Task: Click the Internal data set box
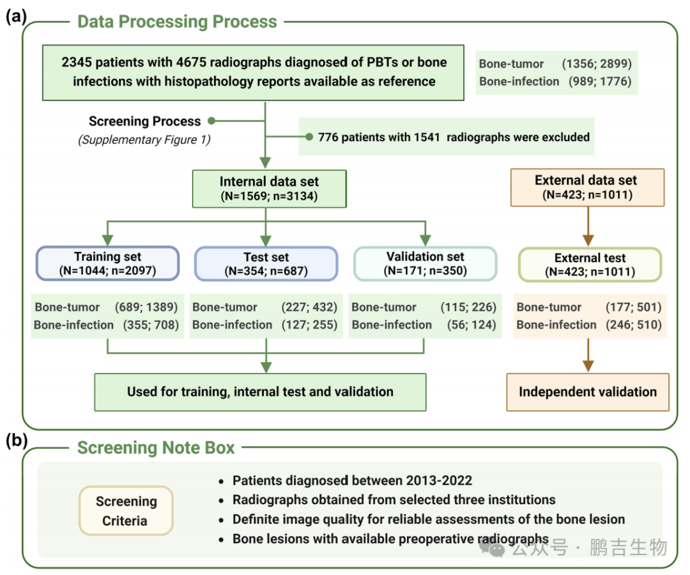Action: point(270,189)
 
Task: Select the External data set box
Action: point(588,187)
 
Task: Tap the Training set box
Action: point(108,264)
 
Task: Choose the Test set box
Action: point(266,264)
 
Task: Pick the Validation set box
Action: point(425,264)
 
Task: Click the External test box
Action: point(590,264)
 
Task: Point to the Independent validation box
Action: point(588,392)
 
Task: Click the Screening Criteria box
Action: point(126,510)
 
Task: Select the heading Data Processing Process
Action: point(177,22)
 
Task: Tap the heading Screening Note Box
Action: point(156,448)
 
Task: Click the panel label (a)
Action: point(16,16)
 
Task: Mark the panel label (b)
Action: point(16,440)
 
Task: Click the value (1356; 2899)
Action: point(597,64)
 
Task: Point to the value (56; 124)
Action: point(471,325)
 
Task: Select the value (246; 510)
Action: point(634,325)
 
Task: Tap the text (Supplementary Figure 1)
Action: point(144,139)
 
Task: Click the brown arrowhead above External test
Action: point(588,240)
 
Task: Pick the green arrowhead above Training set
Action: point(108,240)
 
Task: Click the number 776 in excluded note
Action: point(328,137)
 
